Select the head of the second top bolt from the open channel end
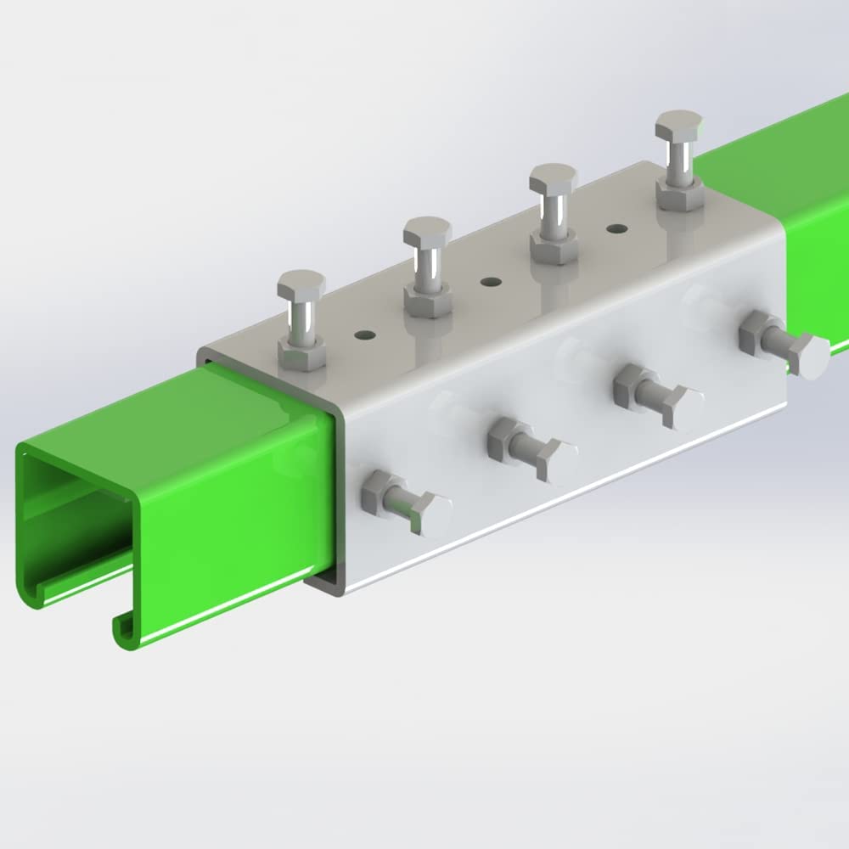(x=427, y=230)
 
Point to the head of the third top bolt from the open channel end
(x=553, y=179)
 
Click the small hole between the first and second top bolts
(x=364, y=335)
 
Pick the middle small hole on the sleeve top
(x=488, y=281)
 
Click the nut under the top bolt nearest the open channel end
(x=302, y=354)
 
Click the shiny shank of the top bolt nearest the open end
(x=301, y=318)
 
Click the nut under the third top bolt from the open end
(x=554, y=247)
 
